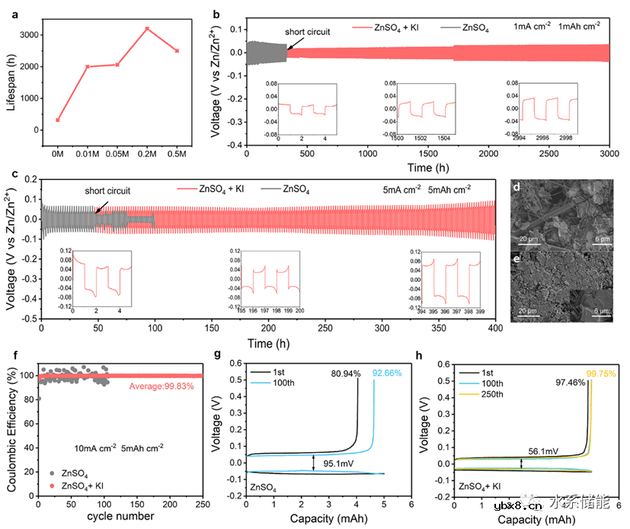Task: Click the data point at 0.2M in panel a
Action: (147, 29)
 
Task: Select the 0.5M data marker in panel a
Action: (177, 51)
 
